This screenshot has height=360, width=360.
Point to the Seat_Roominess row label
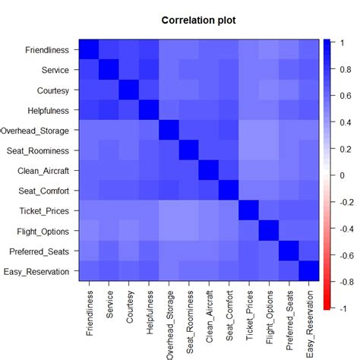click(x=39, y=150)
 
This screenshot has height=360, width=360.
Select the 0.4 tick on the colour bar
click(x=344, y=122)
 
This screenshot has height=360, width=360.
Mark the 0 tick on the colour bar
click(x=340, y=175)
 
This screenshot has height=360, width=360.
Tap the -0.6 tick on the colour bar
click(x=346, y=255)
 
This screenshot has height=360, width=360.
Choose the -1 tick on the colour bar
click(x=342, y=309)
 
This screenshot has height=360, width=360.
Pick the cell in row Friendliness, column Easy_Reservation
click(x=308, y=50)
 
